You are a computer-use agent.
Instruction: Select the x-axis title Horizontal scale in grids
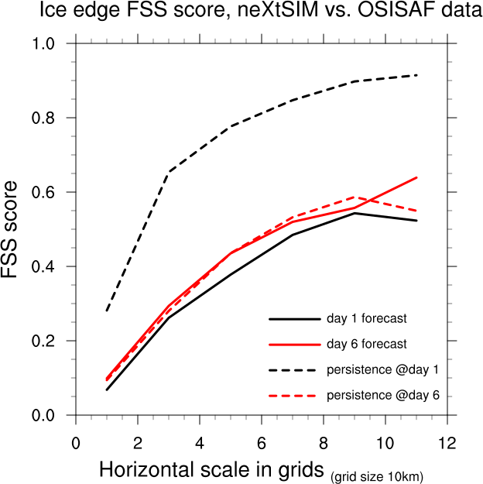[x=212, y=470]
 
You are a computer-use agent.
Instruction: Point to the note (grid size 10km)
[x=378, y=475]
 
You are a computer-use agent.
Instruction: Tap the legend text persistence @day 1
[x=384, y=369]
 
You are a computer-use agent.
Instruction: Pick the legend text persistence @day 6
[x=384, y=395]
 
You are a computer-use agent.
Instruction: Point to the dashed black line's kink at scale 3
[x=169, y=171]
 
